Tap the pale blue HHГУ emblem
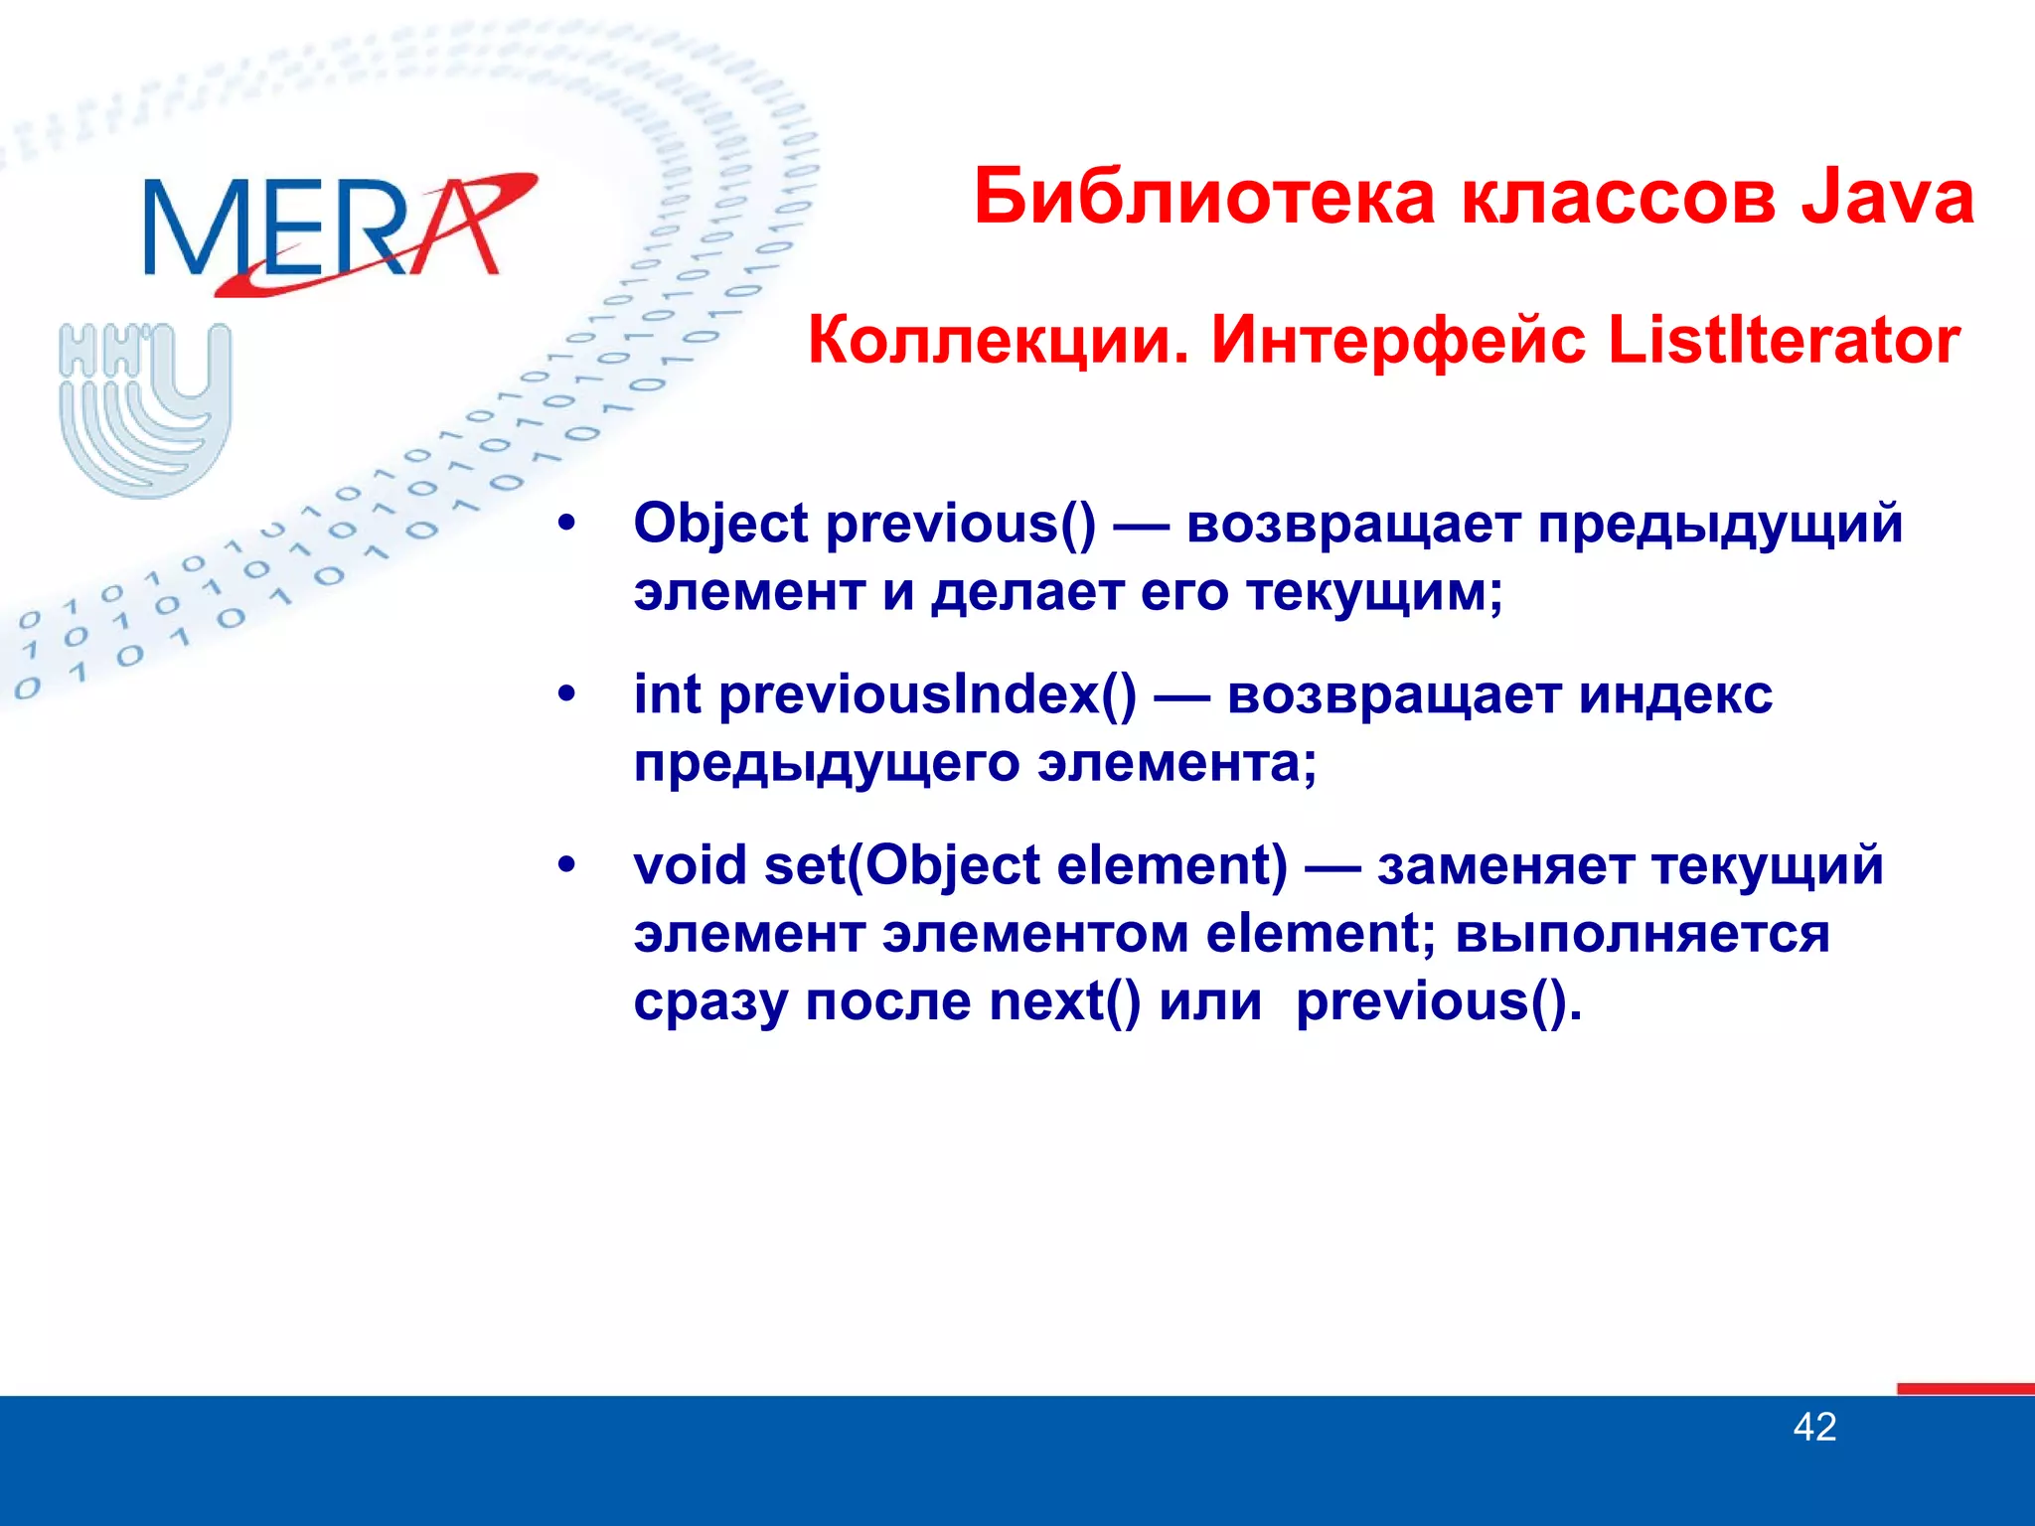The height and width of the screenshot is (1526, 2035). coord(146,407)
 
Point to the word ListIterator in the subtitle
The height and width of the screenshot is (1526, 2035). coord(1784,340)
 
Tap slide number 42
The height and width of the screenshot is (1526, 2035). coord(1814,1428)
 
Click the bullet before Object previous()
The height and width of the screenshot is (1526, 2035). coord(566,524)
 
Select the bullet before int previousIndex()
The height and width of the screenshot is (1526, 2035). coord(566,694)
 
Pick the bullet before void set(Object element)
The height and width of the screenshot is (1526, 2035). coord(566,865)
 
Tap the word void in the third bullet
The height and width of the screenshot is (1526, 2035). coord(690,865)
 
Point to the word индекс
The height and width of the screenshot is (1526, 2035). coord(1675,694)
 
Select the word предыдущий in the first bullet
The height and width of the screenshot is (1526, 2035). coord(1720,524)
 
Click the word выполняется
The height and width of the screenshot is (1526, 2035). coord(1642,934)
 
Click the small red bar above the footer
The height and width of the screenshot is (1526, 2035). coord(1964,1389)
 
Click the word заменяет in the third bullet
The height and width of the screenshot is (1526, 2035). coord(1505,865)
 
